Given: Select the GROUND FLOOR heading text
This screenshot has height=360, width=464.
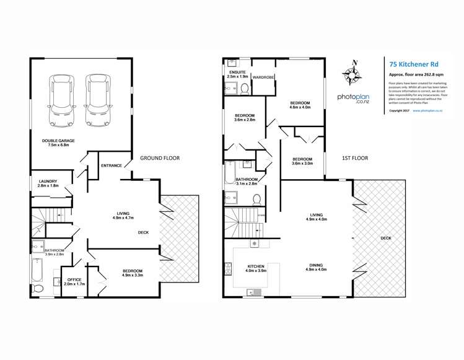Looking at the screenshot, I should pyautogui.click(x=159, y=158).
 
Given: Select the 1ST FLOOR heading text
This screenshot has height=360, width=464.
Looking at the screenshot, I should pyautogui.click(x=354, y=158).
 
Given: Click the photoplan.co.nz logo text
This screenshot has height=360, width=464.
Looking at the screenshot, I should pyautogui.click(x=353, y=98).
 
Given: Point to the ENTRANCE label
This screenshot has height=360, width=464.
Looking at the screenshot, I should pyautogui.click(x=112, y=166).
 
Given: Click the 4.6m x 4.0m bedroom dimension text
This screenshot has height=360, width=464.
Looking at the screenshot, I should pyautogui.click(x=300, y=107).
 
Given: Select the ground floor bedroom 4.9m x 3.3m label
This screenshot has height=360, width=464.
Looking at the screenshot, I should pyautogui.click(x=133, y=273).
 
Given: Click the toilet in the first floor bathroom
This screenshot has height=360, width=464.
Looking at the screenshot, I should pyautogui.click(x=256, y=199).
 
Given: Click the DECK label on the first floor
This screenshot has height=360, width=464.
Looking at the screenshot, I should pyautogui.click(x=386, y=237).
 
